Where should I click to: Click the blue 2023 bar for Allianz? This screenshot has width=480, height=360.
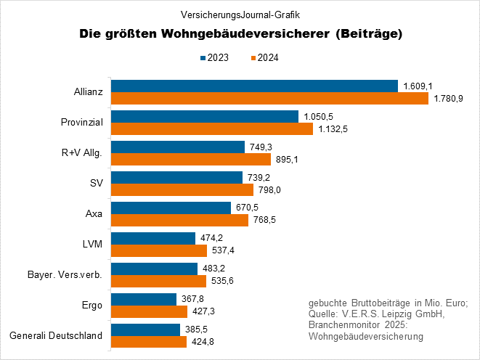(254, 86)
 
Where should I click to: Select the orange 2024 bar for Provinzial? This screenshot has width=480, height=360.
(211, 128)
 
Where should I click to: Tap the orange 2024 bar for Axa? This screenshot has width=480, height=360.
(179, 220)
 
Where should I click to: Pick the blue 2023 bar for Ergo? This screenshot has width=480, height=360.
(143, 299)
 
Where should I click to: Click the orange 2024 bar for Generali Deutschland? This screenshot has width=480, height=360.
(148, 342)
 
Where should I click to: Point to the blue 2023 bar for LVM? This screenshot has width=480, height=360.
(153, 238)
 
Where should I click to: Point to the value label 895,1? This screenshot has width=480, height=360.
(287, 159)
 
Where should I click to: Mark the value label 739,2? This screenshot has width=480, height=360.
(259, 177)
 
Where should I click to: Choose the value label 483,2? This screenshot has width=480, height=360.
(213, 269)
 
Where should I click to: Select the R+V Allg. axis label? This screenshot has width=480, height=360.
(83, 152)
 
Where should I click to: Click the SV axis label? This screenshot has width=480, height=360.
(95, 183)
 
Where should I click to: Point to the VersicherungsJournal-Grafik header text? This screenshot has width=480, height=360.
(240, 14)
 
